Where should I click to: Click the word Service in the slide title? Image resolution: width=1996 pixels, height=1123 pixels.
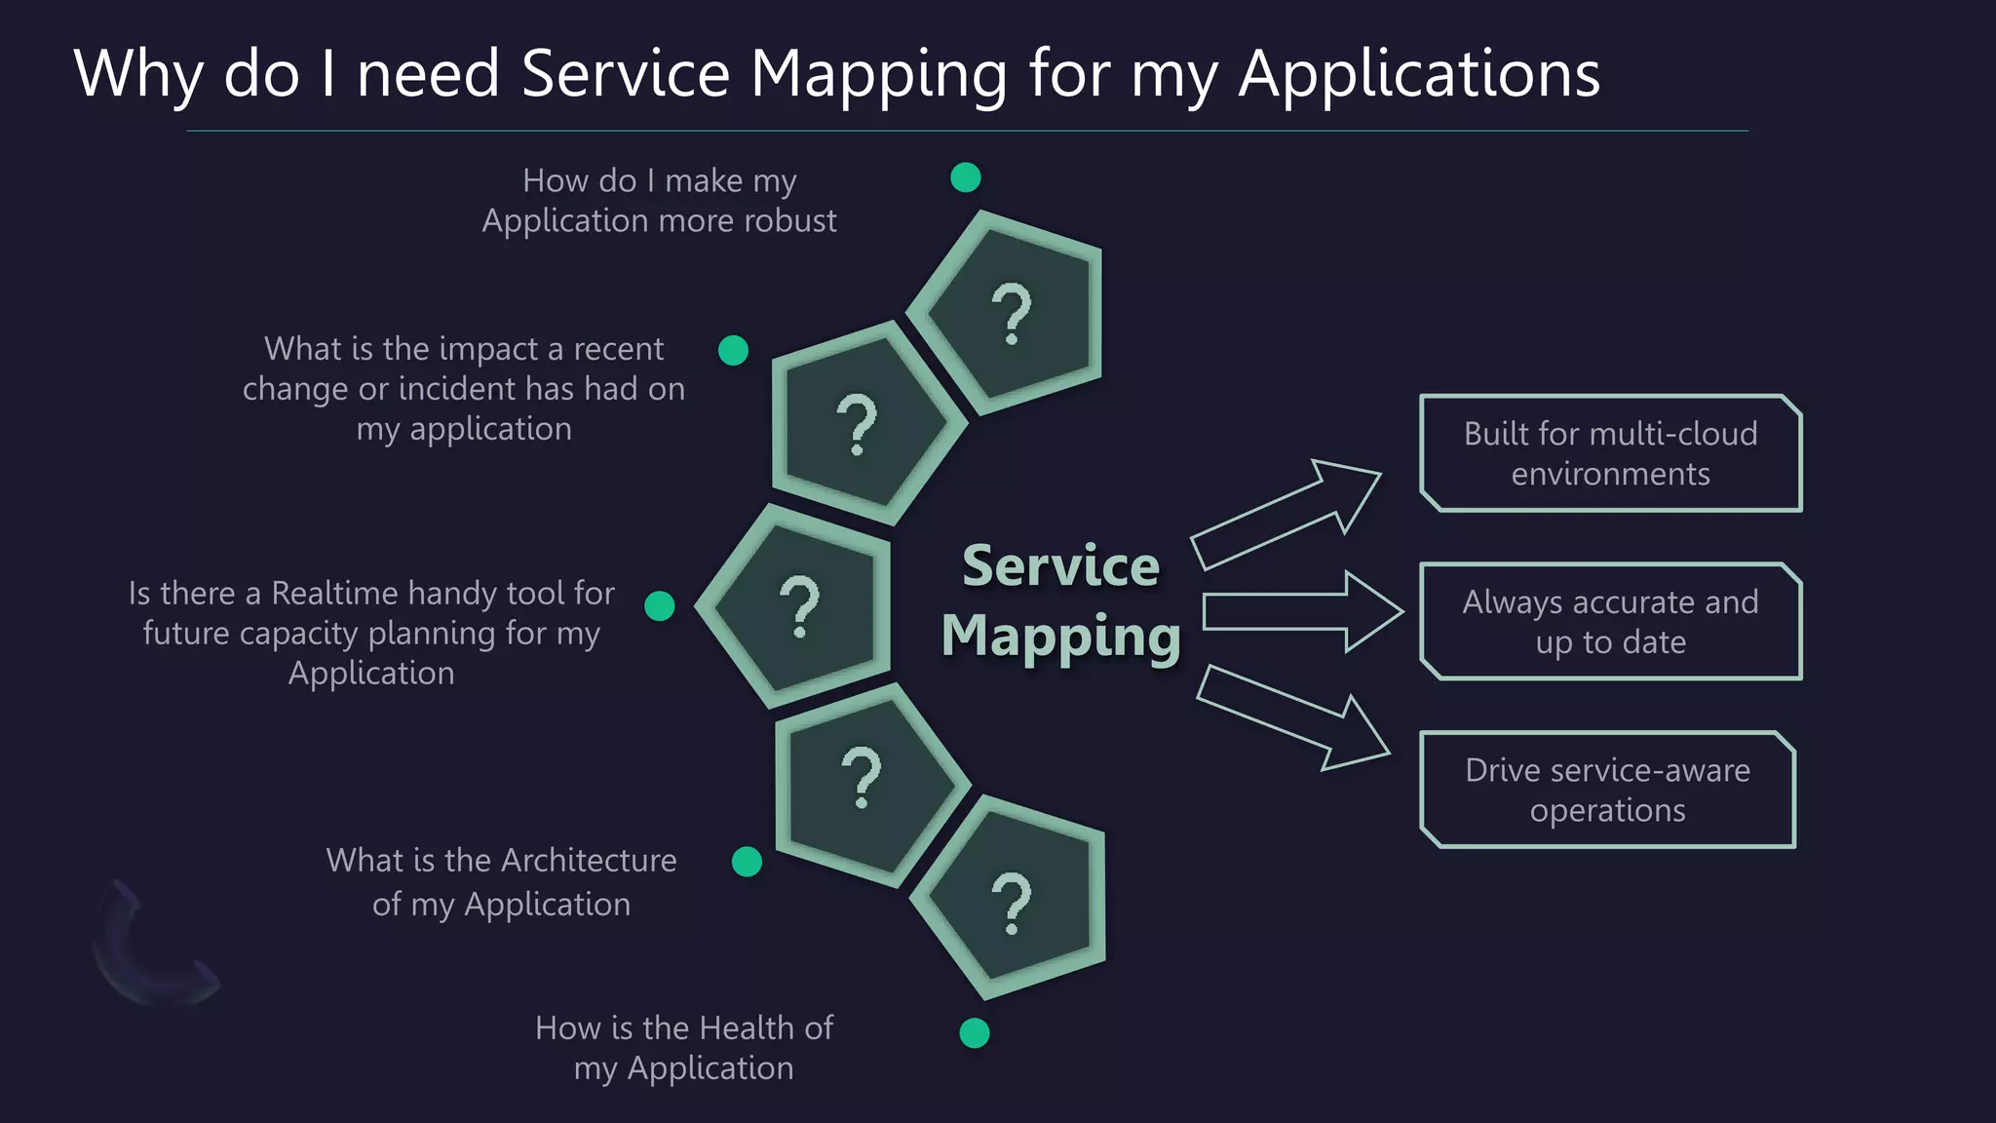pos(625,74)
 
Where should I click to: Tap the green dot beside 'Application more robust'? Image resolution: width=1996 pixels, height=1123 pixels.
pos(965,177)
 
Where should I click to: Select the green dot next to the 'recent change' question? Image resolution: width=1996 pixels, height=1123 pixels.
pos(733,350)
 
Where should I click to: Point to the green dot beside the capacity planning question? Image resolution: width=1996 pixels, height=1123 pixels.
pos(660,605)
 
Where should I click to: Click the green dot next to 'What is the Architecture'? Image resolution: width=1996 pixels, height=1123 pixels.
pos(747,862)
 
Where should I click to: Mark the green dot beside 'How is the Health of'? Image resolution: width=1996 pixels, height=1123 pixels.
pos(974,1032)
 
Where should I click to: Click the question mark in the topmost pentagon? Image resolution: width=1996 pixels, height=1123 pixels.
pos(1012,314)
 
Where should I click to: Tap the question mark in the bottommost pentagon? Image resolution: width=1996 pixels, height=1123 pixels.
pos(1012,904)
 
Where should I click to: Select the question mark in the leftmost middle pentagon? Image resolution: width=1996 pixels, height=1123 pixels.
pos(800,606)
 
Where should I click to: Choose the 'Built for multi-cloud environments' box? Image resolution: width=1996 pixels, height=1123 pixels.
pos(1610,453)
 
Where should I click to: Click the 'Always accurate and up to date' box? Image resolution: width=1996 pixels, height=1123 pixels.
pos(1610,622)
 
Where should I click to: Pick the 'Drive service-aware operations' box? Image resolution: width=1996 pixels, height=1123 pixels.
pos(1607,790)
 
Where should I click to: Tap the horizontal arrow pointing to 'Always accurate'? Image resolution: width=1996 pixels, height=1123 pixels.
pos(1301,612)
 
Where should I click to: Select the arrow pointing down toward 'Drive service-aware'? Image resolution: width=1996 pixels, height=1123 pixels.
pos(1291,719)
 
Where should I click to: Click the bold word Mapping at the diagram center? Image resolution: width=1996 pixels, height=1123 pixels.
pos(1060,637)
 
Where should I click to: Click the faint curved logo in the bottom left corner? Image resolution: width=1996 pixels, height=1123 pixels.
pos(146,950)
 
